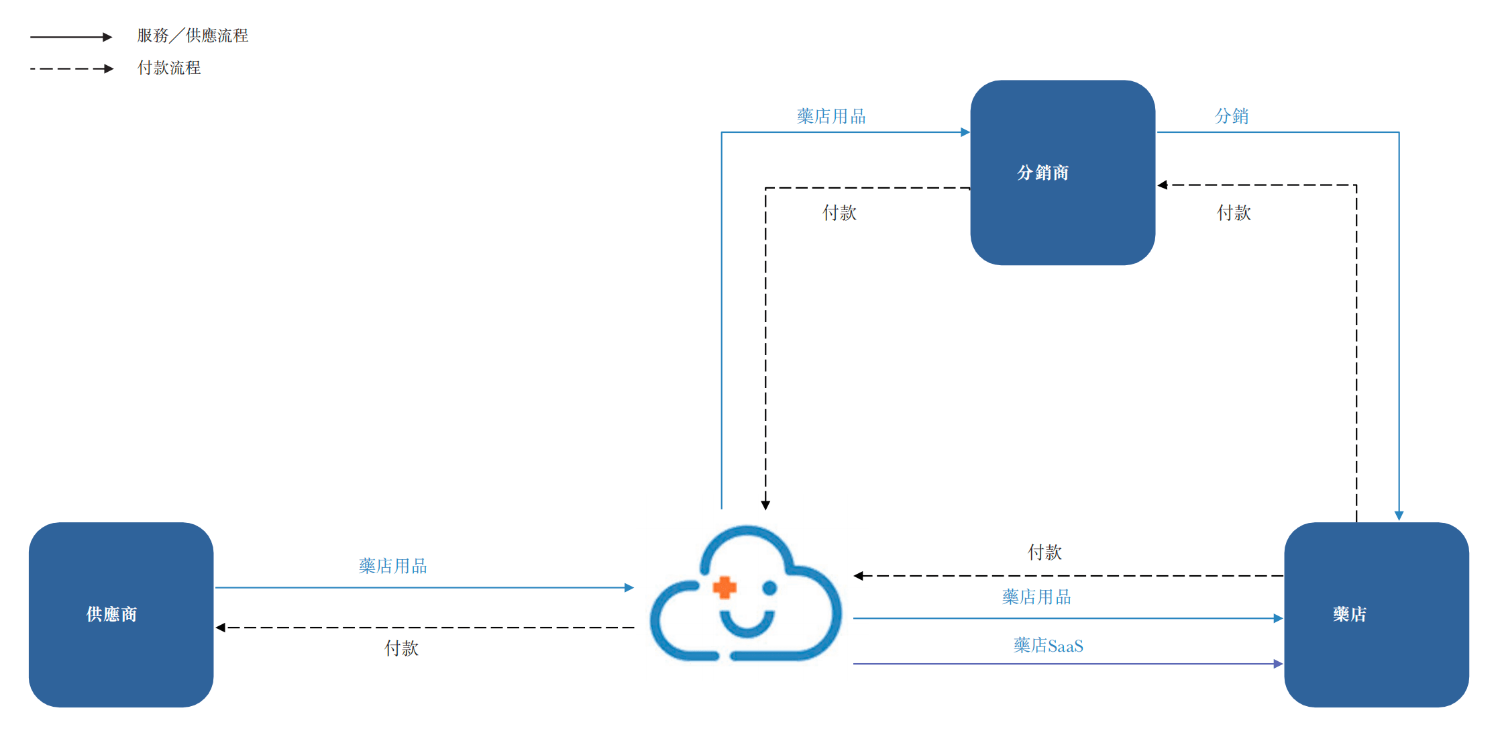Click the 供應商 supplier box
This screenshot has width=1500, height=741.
pyautogui.click(x=121, y=615)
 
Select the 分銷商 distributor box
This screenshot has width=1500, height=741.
pyautogui.click(x=1063, y=172)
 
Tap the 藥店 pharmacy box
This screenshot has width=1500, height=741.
pyautogui.click(x=1377, y=615)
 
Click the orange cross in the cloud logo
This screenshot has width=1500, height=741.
pyautogui.click(x=725, y=587)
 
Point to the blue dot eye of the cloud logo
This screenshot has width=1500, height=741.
pyautogui.click(x=769, y=588)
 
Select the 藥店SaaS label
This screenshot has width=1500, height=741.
pyautogui.click(x=1049, y=646)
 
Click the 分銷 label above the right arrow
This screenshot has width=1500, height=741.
pyautogui.click(x=1232, y=116)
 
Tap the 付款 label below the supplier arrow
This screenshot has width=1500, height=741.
pyautogui.click(x=401, y=648)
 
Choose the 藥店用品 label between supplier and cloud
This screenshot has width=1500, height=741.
pyautogui.click(x=393, y=566)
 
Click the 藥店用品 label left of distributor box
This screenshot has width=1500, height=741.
pyautogui.click(x=831, y=116)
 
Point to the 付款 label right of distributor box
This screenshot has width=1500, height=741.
pyautogui.click(x=1234, y=213)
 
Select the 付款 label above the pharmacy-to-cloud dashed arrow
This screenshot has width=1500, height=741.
pyautogui.click(x=1044, y=552)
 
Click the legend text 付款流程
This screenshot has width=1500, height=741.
pyautogui.click(x=169, y=68)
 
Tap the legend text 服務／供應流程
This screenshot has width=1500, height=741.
pyautogui.click(x=193, y=36)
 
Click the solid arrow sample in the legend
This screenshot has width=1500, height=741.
pyautogui.click(x=71, y=37)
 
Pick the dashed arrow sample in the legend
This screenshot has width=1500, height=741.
pyautogui.click(x=72, y=68)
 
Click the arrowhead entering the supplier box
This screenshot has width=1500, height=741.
pyautogui.click(x=220, y=628)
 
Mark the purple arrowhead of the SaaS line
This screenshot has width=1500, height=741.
pyautogui.click(x=1278, y=664)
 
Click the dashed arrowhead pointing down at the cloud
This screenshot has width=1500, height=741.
pyautogui.click(x=765, y=505)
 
